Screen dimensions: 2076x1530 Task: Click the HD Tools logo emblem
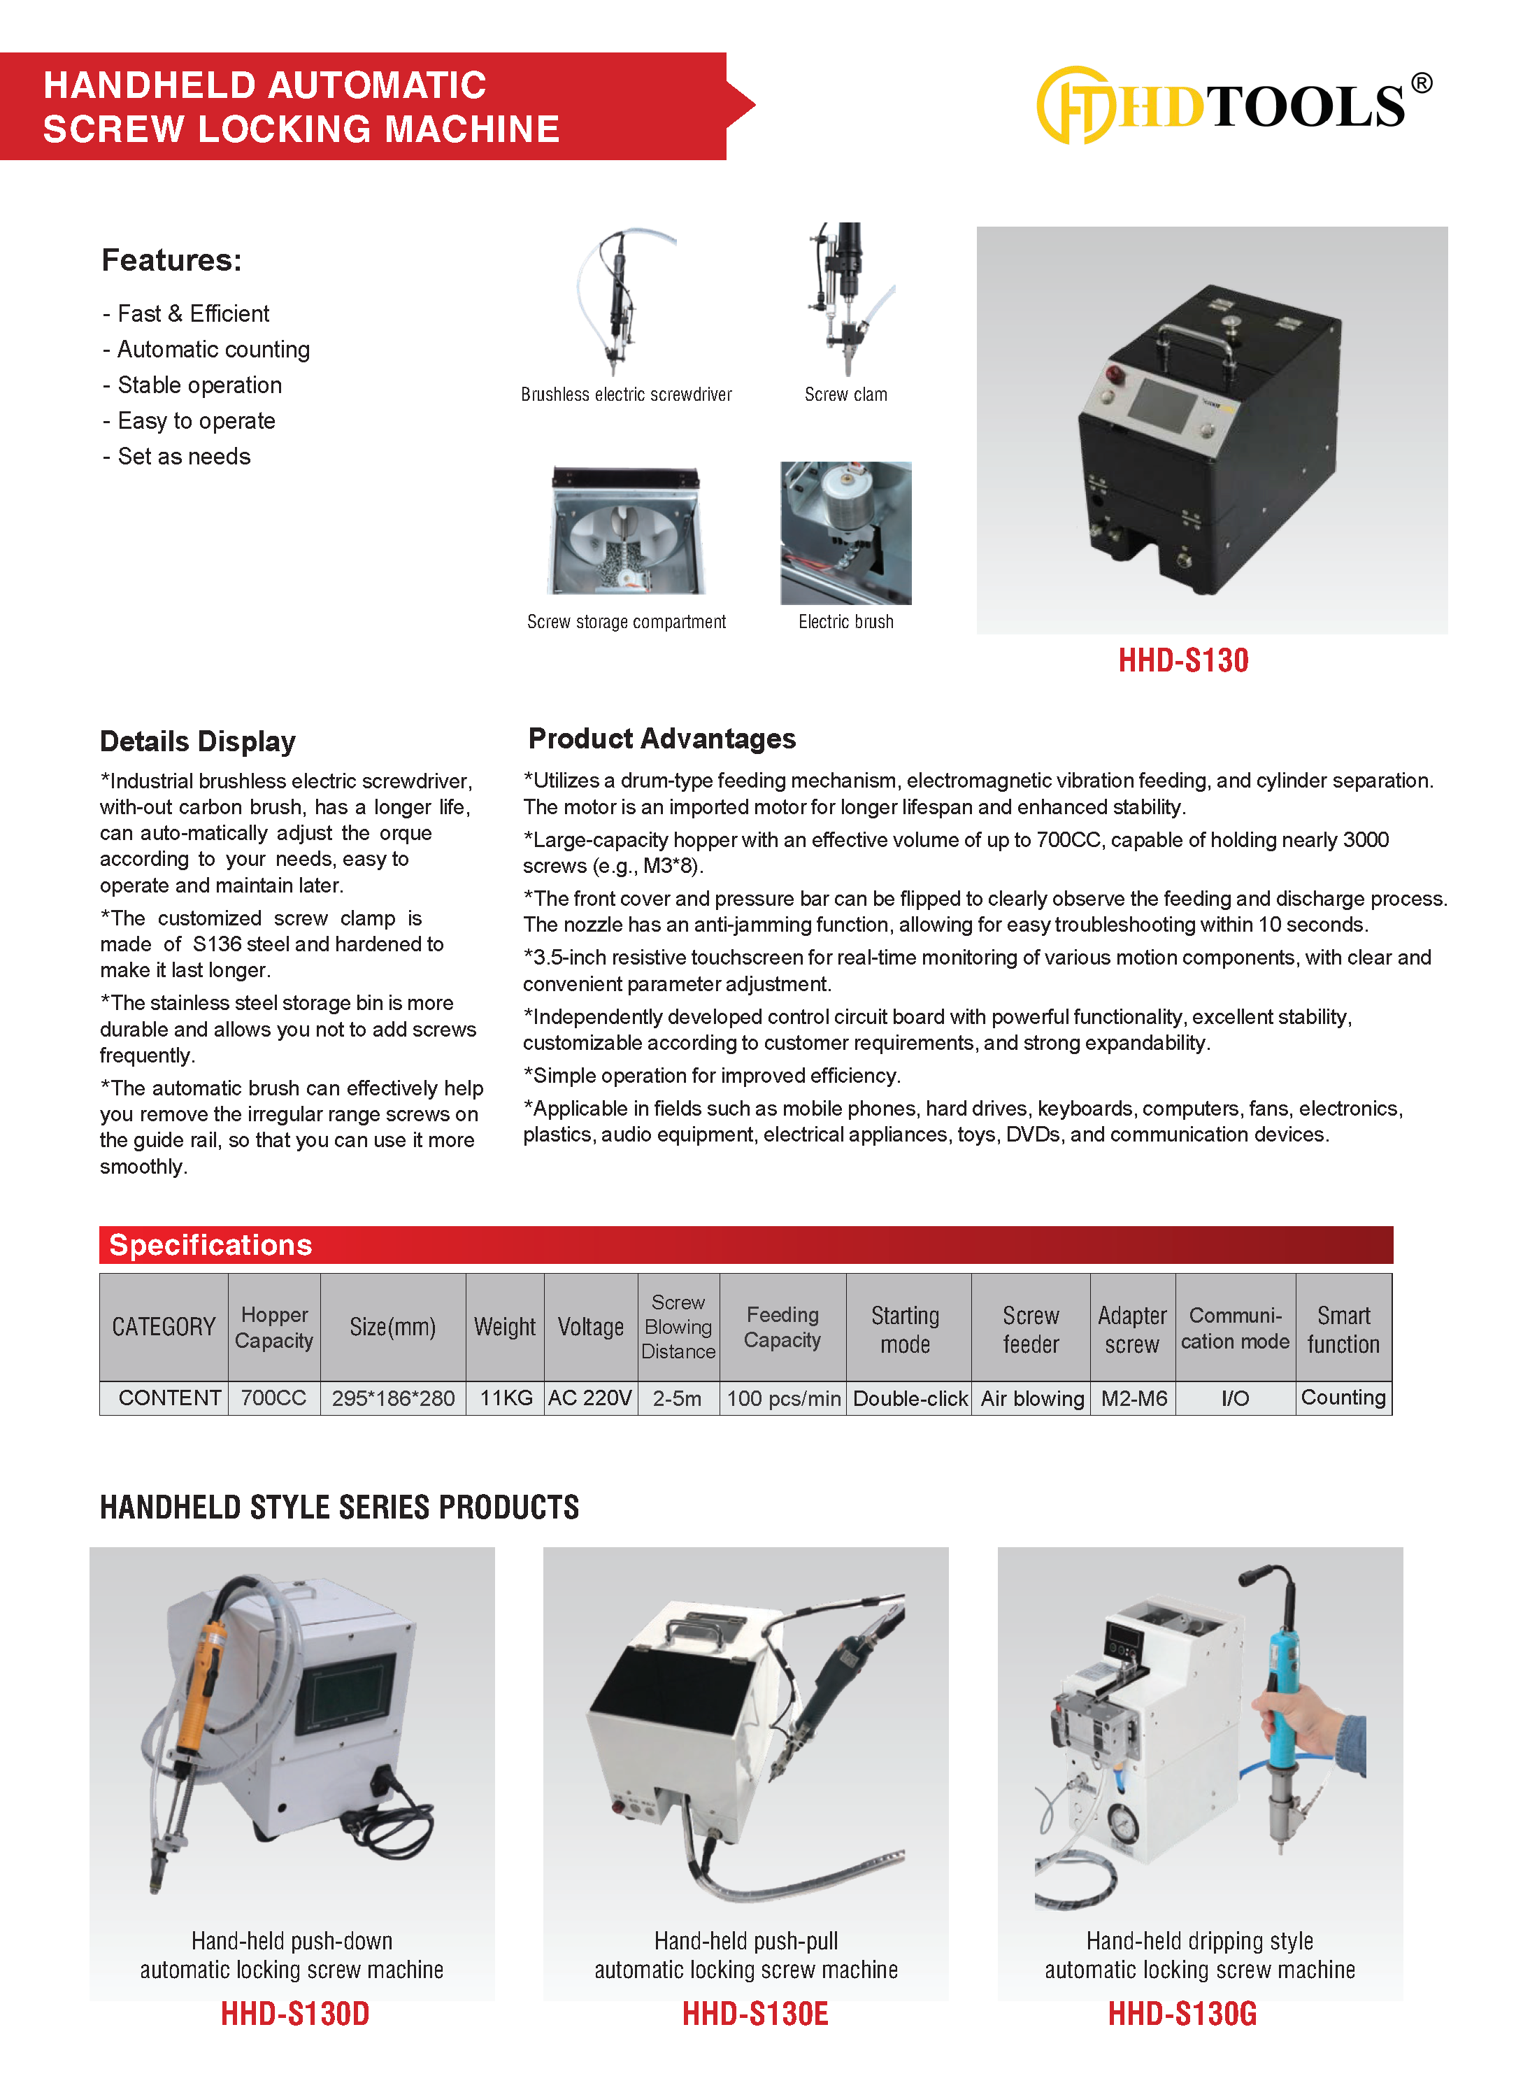coord(1074,105)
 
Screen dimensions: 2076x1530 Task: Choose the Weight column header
coord(505,1327)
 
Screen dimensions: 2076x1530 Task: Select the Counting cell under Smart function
coord(1343,1397)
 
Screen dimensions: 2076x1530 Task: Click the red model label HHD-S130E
coord(755,2013)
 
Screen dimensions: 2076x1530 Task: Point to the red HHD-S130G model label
coord(1182,2013)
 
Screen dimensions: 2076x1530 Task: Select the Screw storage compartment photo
coord(627,531)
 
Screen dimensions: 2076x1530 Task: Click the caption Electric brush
coord(845,622)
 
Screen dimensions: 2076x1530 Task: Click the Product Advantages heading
coord(662,739)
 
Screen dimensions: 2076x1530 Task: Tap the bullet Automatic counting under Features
coord(213,349)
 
